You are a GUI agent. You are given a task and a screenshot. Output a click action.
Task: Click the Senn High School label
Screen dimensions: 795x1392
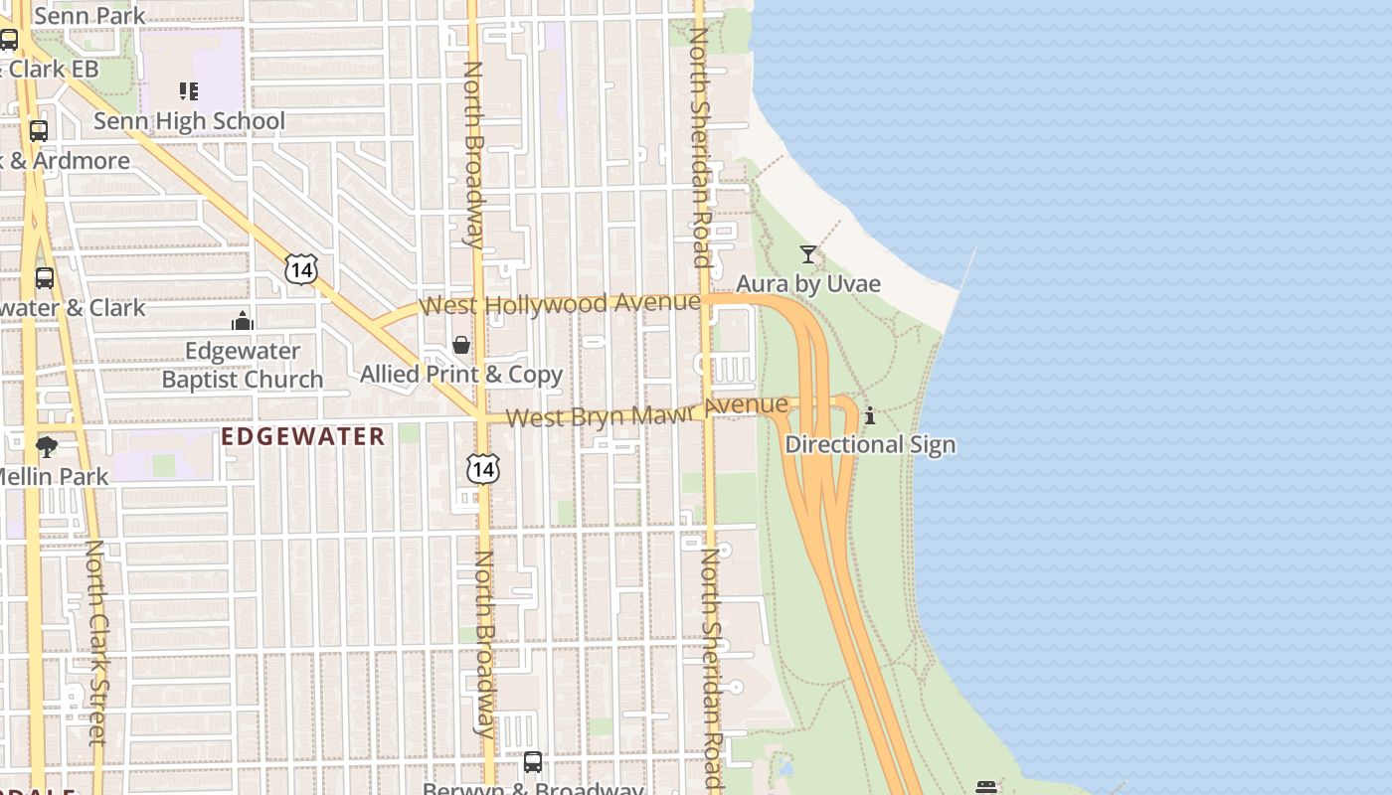[x=189, y=121]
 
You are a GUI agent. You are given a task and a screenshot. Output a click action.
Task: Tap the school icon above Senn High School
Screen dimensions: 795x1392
[x=189, y=91]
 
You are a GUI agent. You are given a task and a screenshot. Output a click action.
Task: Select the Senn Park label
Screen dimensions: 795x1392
[x=89, y=16]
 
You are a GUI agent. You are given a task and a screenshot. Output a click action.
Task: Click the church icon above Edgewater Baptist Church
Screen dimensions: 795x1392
[x=243, y=321]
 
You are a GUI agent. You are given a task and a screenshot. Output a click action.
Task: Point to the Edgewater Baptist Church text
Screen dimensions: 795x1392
[x=243, y=365]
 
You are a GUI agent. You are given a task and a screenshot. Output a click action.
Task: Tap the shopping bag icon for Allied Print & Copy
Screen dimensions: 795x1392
[x=461, y=345]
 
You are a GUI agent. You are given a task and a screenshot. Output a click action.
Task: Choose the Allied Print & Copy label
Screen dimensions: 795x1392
[x=461, y=375]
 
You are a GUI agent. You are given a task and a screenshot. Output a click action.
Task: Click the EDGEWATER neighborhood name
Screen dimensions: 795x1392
[x=303, y=436]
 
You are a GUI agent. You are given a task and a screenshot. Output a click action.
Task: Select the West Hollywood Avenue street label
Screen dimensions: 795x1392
[x=560, y=303]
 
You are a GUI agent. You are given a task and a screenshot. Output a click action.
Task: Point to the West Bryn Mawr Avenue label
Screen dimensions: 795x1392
[x=647, y=411]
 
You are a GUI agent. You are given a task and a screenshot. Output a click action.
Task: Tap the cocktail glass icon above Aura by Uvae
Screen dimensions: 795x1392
[x=808, y=254]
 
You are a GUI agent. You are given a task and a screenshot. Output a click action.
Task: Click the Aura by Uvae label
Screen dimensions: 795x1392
[x=808, y=284]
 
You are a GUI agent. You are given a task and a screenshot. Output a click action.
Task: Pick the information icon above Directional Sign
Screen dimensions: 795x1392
[x=870, y=415]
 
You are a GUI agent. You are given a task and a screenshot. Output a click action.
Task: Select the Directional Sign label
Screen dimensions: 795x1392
[x=870, y=444]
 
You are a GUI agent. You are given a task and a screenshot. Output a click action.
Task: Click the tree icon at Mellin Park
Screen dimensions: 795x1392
[x=46, y=446]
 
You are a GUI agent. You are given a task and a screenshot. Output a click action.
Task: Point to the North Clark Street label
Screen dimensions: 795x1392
[x=96, y=642]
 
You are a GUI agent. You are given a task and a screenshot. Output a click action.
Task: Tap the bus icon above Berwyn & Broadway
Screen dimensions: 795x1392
[x=533, y=762]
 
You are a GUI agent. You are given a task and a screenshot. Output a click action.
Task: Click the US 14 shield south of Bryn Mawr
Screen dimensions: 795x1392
[x=482, y=468]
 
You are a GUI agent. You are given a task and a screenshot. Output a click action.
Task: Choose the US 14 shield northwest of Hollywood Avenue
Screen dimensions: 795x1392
[x=300, y=268]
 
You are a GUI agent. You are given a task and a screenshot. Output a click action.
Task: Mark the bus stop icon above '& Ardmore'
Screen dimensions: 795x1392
[x=39, y=131]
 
